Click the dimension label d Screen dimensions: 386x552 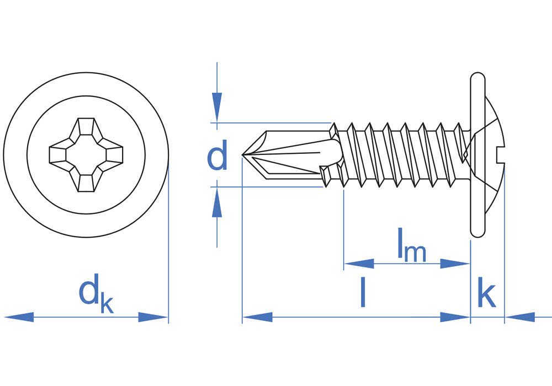[x=217, y=157]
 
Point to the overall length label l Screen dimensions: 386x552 [x=363, y=293]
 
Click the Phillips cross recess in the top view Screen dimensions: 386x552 [x=86, y=154]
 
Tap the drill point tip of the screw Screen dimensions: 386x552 [x=245, y=155]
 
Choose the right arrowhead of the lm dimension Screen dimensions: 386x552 [x=455, y=264]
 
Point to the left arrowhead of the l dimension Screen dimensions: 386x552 [x=257, y=317]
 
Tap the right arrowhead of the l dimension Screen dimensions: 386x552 [x=455, y=317]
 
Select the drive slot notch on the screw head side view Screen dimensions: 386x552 [x=501, y=155]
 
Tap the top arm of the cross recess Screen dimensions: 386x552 [x=86, y=127]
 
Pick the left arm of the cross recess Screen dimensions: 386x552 [x=59, y=154]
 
